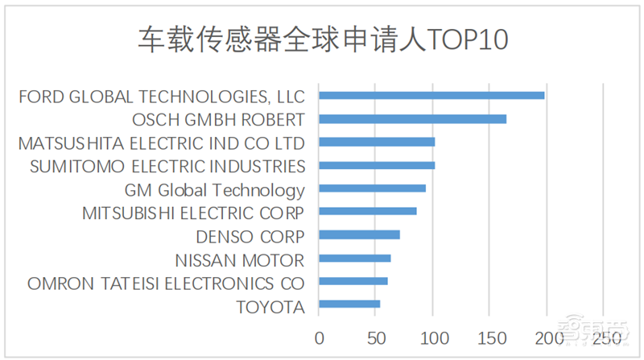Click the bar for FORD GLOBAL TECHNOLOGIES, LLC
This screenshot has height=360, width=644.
tap(431, 95)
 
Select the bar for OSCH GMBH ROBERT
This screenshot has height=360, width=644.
tap(413, 119)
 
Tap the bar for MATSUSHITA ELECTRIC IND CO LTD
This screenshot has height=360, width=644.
tap(377, 143)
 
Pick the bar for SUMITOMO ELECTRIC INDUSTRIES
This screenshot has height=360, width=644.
tap(377, 166)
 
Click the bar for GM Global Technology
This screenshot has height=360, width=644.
tap(372, 188)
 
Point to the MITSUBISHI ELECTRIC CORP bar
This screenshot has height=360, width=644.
tap(368, 212)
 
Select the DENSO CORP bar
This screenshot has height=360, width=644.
tap(359, 235)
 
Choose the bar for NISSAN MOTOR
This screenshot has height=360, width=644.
tap(355, 259)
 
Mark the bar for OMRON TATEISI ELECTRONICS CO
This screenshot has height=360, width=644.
tap(353, 282)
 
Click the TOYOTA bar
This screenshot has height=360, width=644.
tap(349, 304)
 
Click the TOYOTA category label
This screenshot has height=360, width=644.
tap(270, 307)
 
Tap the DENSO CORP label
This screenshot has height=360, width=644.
tap(250, 237)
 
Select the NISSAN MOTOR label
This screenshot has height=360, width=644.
tap(240, 260)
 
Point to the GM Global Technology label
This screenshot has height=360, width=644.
tap(215, 191)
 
